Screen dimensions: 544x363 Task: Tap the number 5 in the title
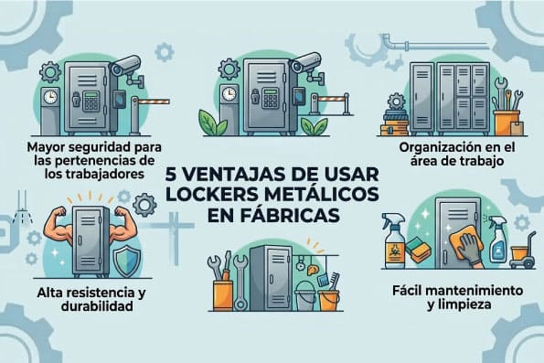point(170,175)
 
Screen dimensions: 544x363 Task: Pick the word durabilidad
point(97,305)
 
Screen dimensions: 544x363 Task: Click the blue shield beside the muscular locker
point(127,262)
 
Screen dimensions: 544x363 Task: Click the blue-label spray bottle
point(498,240)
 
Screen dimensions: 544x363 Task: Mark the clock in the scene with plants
point(229,93)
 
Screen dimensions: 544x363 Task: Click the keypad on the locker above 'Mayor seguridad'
point(91,101)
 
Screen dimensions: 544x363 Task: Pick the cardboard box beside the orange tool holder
point(517,128)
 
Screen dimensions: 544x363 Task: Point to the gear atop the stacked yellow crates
point(395,102)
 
